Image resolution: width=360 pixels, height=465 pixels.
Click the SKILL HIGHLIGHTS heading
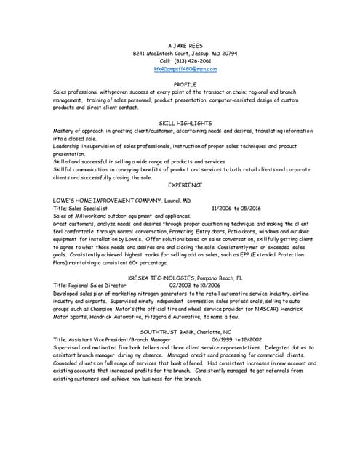pos(185,124)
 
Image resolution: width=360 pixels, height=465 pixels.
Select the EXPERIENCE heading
pos(185,185)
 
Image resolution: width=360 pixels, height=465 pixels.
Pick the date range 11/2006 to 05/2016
pos(239,208)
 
